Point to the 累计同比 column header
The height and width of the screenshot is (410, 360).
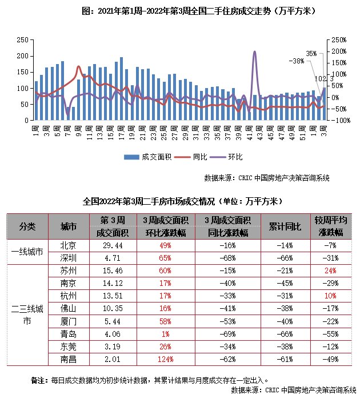(285, 226)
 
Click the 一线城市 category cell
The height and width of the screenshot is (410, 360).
(27, 251)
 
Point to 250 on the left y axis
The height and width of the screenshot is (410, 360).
(22, 39)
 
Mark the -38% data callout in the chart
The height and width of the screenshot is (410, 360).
(296, 61)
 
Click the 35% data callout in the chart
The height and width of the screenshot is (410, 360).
(311, 53)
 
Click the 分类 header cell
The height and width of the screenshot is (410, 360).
(27, 226)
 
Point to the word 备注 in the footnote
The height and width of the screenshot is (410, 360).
(38, 380)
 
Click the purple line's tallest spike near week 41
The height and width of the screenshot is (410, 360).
(254, 52)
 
